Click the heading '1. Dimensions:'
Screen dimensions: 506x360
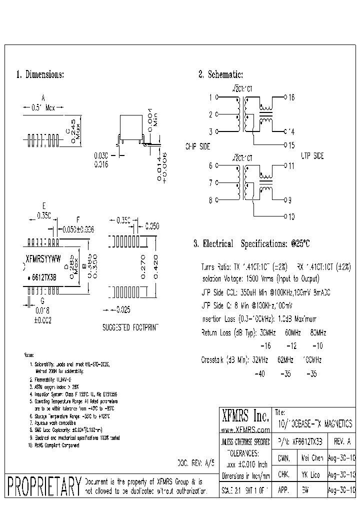click(x=40, y=75)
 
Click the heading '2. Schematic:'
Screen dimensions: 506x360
click(x=220, y=75)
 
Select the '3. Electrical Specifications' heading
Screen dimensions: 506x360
click(x=251, y=244)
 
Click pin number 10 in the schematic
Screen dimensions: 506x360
click(x=291, y=216)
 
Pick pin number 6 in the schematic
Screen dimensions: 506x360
click(x=211, y=165)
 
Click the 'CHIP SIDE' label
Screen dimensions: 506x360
click(x=198, y=147)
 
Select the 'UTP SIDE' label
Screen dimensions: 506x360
click(x=312, y=156)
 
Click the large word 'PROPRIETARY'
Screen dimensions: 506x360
click(x=44, y=486)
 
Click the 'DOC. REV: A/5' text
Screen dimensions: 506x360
click(x=196, y=463)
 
